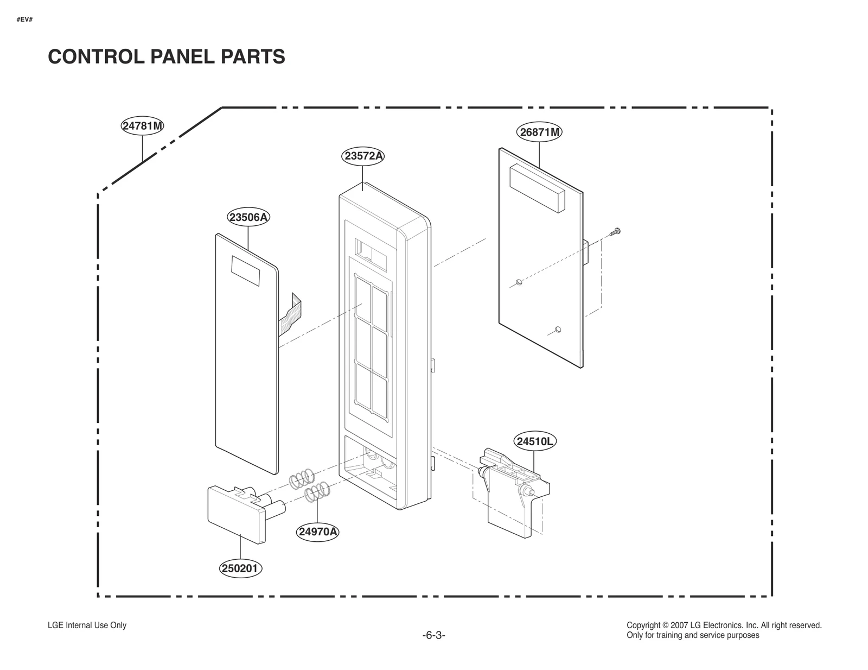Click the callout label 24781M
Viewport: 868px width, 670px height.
[x=142, y=127]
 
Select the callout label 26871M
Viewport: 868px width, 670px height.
[x=539, y=132]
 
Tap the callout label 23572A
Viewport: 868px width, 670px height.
[x=363, y=156]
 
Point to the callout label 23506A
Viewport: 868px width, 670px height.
[x=248, y=218]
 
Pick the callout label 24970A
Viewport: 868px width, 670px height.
[x=318, y=532]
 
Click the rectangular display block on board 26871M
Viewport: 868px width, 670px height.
[x=537, y=188]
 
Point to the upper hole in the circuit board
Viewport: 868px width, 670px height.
[x=519, y=282]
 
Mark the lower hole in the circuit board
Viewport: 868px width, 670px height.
[x=558, y=330]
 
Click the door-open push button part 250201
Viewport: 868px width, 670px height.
[x=237, y=513]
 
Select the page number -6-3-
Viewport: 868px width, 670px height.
[x=433, y=635]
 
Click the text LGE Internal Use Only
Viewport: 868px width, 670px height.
[x=87, y=625]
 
